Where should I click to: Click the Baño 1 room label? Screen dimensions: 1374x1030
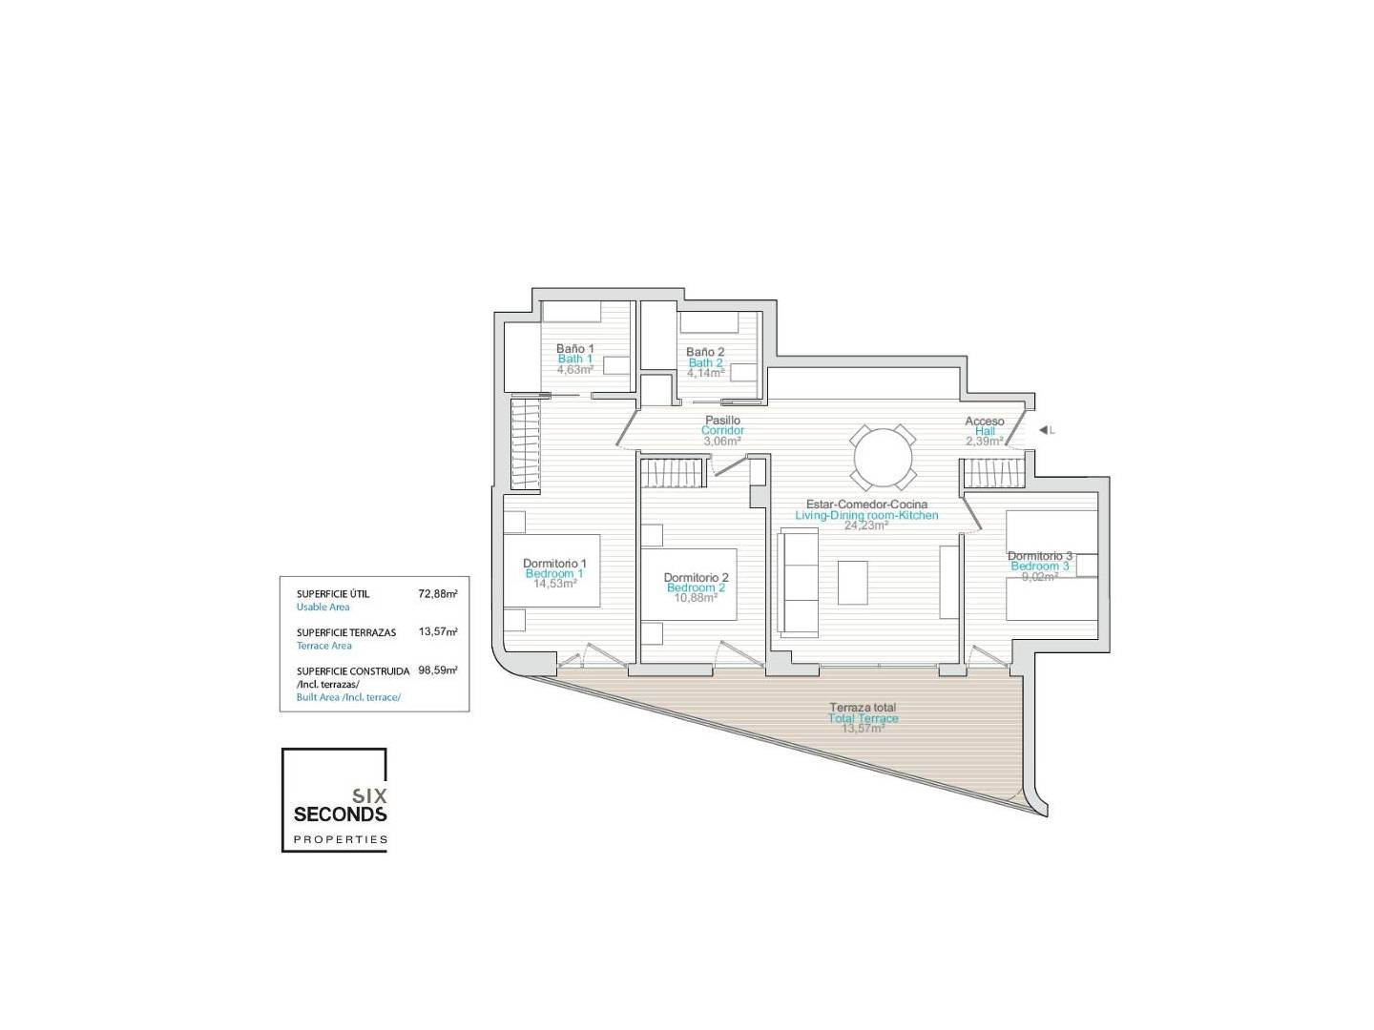pyautogui.click(x=574, y=348)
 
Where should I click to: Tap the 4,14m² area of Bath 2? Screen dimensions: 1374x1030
pyautogui.click(x=705, y=373)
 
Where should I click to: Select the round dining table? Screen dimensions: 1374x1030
pyautogui.click(x=884, y=457)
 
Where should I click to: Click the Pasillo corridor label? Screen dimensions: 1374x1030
pyautogui.click(x=722, y=421)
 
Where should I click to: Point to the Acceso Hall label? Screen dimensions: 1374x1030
pyautogui.click(x=984, y=426)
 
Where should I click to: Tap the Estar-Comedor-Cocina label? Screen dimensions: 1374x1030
pyautogui.click(x=866, y=505)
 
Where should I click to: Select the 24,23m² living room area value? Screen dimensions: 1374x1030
pyautogui.click(x=866, y=525)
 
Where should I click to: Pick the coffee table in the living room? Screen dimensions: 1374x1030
pyautogui.click(x=853, y=582)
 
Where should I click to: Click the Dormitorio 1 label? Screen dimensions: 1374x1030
pyautogui.click(x=554, y=563)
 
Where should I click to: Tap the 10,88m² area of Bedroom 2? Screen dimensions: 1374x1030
pyautogui.click(x=696, y=598)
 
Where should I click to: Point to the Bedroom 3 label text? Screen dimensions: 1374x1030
pyautogui.click(x=1040, y=566)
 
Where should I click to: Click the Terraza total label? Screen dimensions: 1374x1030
pyautogui.click(x=863, y=708)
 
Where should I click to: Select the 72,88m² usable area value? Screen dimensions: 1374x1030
pyautogui.click(x=438, y=593)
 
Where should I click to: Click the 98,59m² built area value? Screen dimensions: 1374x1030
pyautogui.click(x=438, y=669)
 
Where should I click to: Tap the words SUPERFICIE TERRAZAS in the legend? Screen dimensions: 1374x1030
pyautogui.click(x=346, y=632)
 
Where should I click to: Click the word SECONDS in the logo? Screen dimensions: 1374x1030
pyautogui.click(x=340, y=814)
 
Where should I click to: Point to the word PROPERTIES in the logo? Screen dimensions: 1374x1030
pyautogui.click(x=341, y=839)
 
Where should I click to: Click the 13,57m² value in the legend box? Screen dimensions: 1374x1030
pyautogui.click(x=438, y=631)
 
